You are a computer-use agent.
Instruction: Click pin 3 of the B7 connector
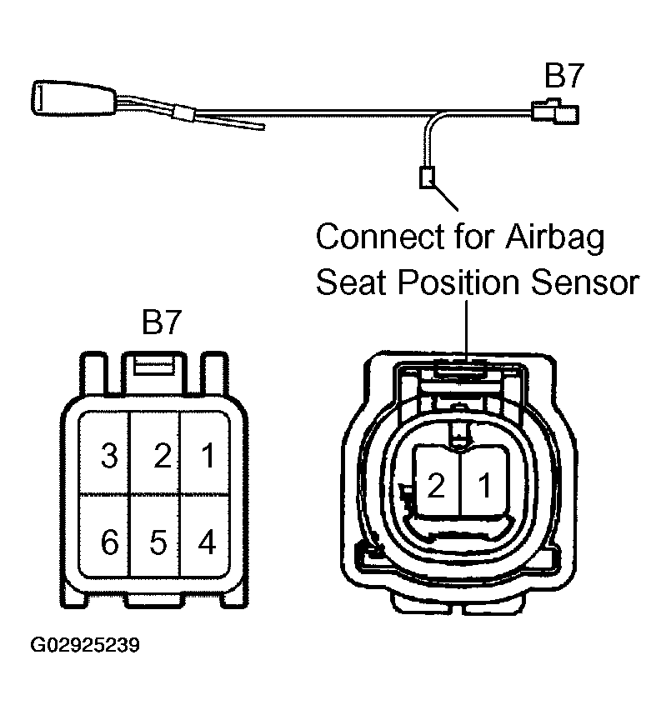click(104, 452)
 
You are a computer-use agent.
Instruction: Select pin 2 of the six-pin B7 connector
click(156, 452)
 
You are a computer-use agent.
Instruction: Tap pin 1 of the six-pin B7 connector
click(205, 452)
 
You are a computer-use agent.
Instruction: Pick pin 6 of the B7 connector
click(104, 537)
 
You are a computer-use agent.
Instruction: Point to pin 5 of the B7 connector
click(156, 537)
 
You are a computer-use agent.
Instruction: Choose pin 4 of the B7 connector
click(205, 537)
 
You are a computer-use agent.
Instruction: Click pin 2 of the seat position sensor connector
click(437, 482)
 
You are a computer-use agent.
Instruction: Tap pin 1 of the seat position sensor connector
click(485, 482)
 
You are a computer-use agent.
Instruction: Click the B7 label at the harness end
click(563, 76)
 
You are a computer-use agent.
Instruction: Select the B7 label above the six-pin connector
click(162, 322)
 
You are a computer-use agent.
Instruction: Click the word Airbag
click(554, 237)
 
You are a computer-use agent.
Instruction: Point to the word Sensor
click(585, 282)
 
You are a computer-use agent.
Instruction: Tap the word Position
click(459, 282)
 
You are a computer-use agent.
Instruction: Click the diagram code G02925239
click(85, 645)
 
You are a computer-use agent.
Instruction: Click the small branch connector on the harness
click(428, 177)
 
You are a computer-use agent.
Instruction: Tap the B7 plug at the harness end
click(555, 112)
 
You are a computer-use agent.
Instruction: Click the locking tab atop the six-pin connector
click(155, 372)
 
